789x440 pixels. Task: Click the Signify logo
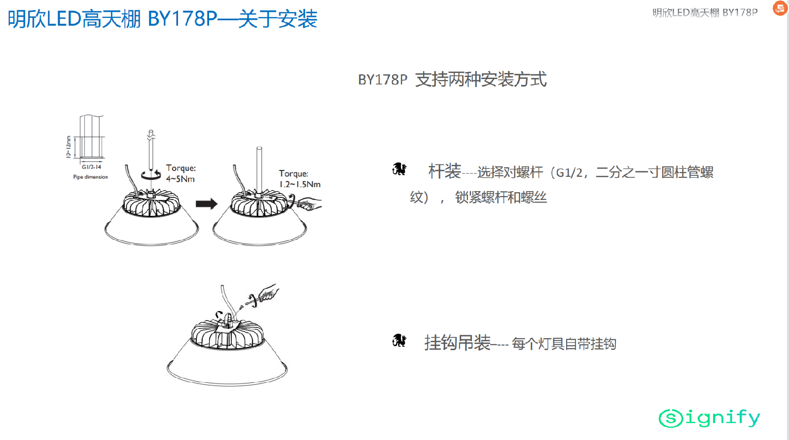[710, 418]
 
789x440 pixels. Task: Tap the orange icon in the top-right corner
[780, 8]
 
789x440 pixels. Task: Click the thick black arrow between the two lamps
[207, 204]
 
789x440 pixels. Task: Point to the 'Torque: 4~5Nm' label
[180, 173]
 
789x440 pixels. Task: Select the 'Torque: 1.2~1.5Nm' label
[300, 179]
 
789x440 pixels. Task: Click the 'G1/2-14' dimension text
[92, 167]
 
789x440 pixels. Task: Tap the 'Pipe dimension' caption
[91, 177]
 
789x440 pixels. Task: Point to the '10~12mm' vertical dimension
[69, 147]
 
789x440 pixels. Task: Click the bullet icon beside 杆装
[399, 169]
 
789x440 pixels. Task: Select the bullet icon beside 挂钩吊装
[399, 341]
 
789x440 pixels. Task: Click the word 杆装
[444, 171]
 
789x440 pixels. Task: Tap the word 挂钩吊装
[457, 343]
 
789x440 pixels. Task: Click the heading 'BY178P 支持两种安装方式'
[452, 80]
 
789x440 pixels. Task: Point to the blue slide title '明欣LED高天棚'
[74, 19]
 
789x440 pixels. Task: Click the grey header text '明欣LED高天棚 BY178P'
[705, 13]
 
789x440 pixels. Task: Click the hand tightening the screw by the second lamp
[306, 203]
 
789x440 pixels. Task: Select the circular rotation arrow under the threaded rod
[151, 174]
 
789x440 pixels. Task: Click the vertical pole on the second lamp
[259, 170]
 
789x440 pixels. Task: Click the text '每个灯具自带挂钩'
[564, 344]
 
